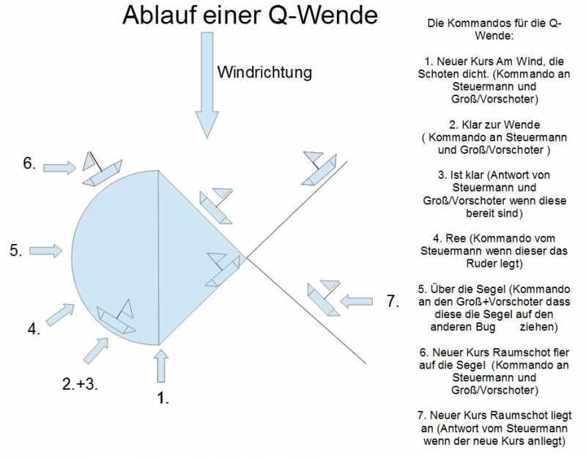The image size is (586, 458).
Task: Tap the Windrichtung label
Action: click(264, 72)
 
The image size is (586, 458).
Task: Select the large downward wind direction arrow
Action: click(207, 85)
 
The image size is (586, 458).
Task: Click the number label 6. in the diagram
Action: click(29, 163)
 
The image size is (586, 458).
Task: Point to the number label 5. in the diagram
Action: click(16, 250)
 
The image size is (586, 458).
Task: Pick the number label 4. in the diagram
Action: click(34, 329)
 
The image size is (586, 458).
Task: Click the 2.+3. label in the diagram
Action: click(80, 384)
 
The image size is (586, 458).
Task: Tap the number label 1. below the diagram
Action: click(163, 398)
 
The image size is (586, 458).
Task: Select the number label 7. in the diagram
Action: click(393, 301)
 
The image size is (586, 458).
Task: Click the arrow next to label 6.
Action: click(60, 168)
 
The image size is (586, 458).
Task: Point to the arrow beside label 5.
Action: click(45, 251)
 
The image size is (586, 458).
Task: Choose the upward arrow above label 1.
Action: click(161, 366)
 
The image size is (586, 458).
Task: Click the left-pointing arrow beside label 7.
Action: click(356, 301)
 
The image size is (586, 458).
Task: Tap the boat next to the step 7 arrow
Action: click(324, 298)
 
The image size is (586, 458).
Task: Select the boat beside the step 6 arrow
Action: click(102, 169)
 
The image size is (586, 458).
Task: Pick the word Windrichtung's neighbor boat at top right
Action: click(319, 169)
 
